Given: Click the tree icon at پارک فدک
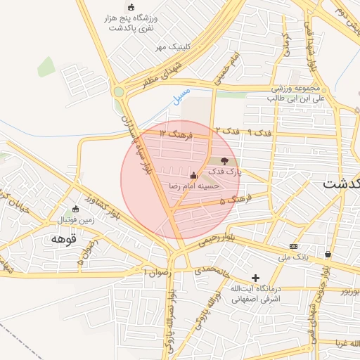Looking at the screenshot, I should click(224, 162).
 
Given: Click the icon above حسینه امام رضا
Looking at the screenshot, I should click(193, 174).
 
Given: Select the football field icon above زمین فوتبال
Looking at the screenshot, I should click(76, 209).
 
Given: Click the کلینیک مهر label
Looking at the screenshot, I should click(174, 48).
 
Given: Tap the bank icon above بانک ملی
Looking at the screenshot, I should click(293, 246).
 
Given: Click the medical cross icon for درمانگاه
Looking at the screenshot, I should click(255, 278).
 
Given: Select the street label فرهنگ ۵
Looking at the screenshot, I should click(233, 201).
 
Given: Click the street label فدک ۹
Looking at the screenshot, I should click(259, 132).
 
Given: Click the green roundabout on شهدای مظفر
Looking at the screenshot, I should click(118, 91).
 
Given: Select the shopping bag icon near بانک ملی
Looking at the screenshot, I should click(328, 254).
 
